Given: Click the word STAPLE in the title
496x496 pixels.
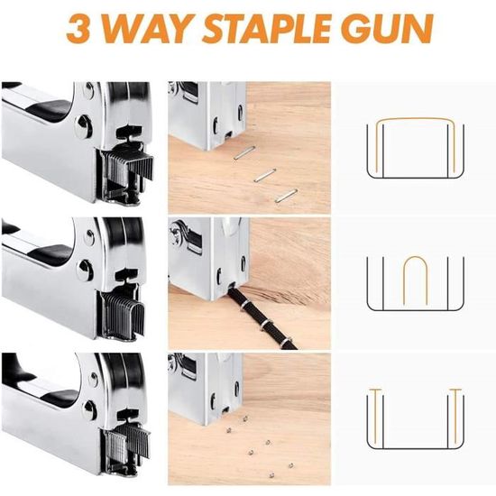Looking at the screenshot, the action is [265, 28].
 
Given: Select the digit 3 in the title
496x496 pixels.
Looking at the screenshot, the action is [78, 28].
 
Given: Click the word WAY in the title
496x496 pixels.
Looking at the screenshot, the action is [146, 28].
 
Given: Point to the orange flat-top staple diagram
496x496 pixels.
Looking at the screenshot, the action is [415, 119].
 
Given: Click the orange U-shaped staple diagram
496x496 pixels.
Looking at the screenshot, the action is [416, 256].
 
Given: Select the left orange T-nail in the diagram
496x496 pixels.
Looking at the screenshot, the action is [376, 415].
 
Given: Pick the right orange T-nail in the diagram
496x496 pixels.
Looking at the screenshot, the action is [455, 415].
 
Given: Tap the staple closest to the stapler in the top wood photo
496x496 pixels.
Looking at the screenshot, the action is [244, 152].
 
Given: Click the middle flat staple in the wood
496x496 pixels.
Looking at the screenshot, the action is [265, 175].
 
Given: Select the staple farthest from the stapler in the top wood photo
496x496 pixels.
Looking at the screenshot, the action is [286, 196].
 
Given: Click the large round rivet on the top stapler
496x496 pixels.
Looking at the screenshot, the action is [84, 126].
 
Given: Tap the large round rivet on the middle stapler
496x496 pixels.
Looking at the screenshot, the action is [85, 270].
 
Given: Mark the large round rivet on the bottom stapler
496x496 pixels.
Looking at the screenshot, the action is [89, 410].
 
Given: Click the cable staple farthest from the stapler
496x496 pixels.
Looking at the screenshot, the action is [286, 342].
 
